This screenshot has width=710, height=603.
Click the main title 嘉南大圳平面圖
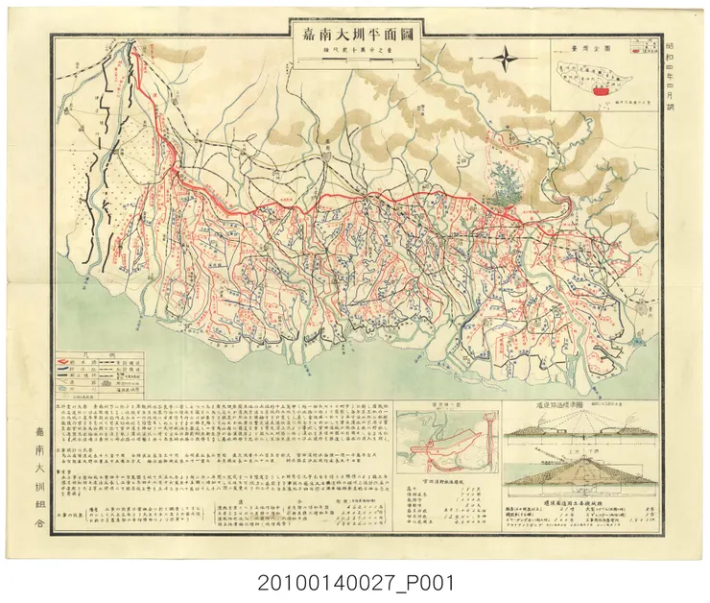point(357,31)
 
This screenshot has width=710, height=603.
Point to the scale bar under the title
point(357,61)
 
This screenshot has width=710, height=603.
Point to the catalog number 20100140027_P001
point(355,582)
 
